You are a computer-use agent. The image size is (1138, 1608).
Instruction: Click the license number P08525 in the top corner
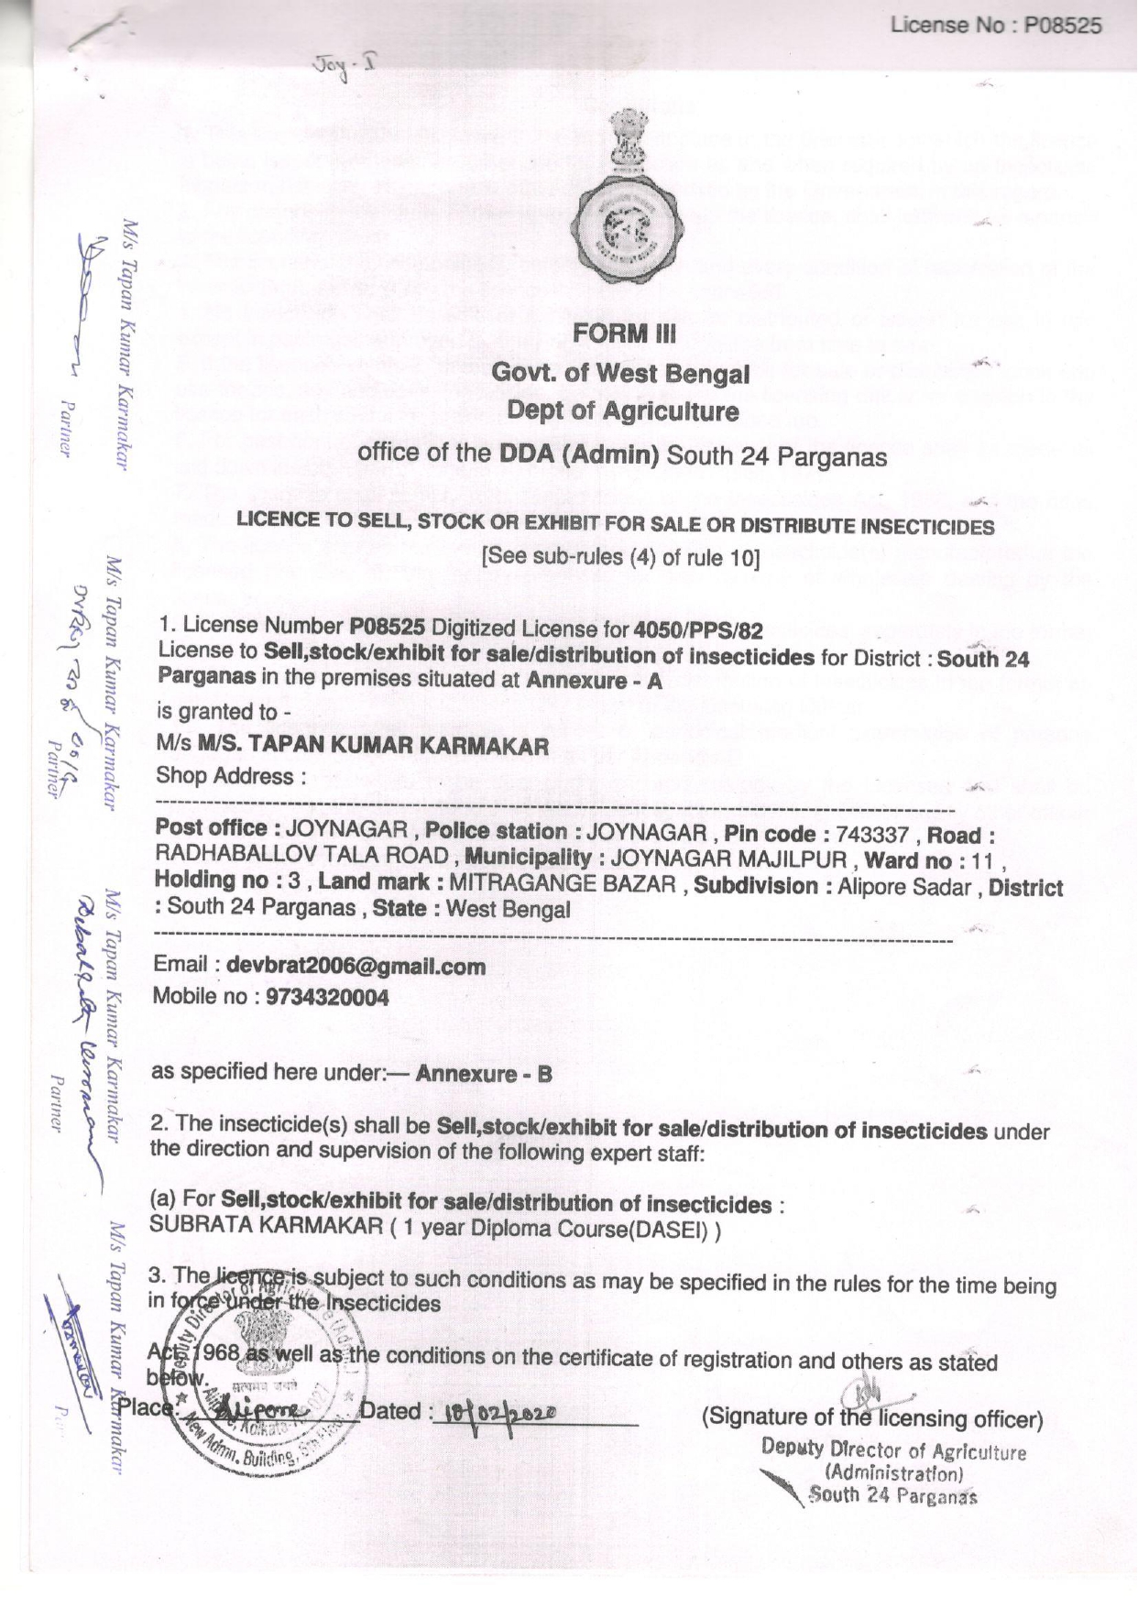pyautogui.click(x=1062, y=26)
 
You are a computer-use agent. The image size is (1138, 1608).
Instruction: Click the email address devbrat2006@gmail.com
pyautogui.click(x=356, y=966)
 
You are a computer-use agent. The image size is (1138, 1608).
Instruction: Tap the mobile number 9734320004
pyautogui.click(x=327, y=997)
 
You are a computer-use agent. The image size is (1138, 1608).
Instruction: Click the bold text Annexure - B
pyautogui.click(x=484, y=1074)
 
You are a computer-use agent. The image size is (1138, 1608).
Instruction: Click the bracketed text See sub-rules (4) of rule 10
pyautogui.click(x=621, y=557)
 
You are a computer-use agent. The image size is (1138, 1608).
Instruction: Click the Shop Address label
pyautogui.click(x=230, y=776)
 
